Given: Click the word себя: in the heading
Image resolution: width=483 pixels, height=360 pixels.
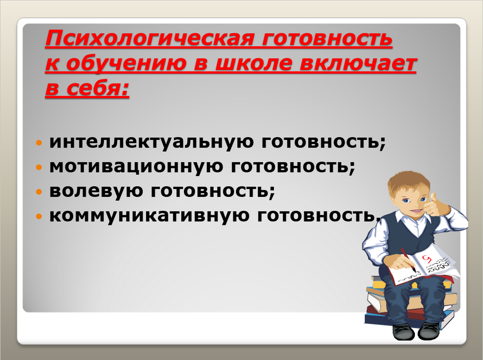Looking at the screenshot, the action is pyautogui.click(x=98, y=89).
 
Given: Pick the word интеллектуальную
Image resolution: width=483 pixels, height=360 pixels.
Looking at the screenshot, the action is pyautogui.click(x=152, y=142).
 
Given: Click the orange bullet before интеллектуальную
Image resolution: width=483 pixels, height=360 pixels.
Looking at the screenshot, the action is pyautogui.click(x=39, y=143).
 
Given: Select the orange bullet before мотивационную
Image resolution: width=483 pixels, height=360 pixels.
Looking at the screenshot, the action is pyautogui.click(x=39, y=167).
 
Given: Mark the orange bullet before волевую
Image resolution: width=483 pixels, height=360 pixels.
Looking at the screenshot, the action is pyautogui.click(x=39, y=192).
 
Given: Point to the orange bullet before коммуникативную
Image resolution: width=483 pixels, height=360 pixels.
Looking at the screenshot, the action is pyautogui.click(x=39, y=216).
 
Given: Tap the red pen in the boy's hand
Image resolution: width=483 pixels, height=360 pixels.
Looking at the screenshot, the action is pyautogui.click(x=409, y=260).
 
